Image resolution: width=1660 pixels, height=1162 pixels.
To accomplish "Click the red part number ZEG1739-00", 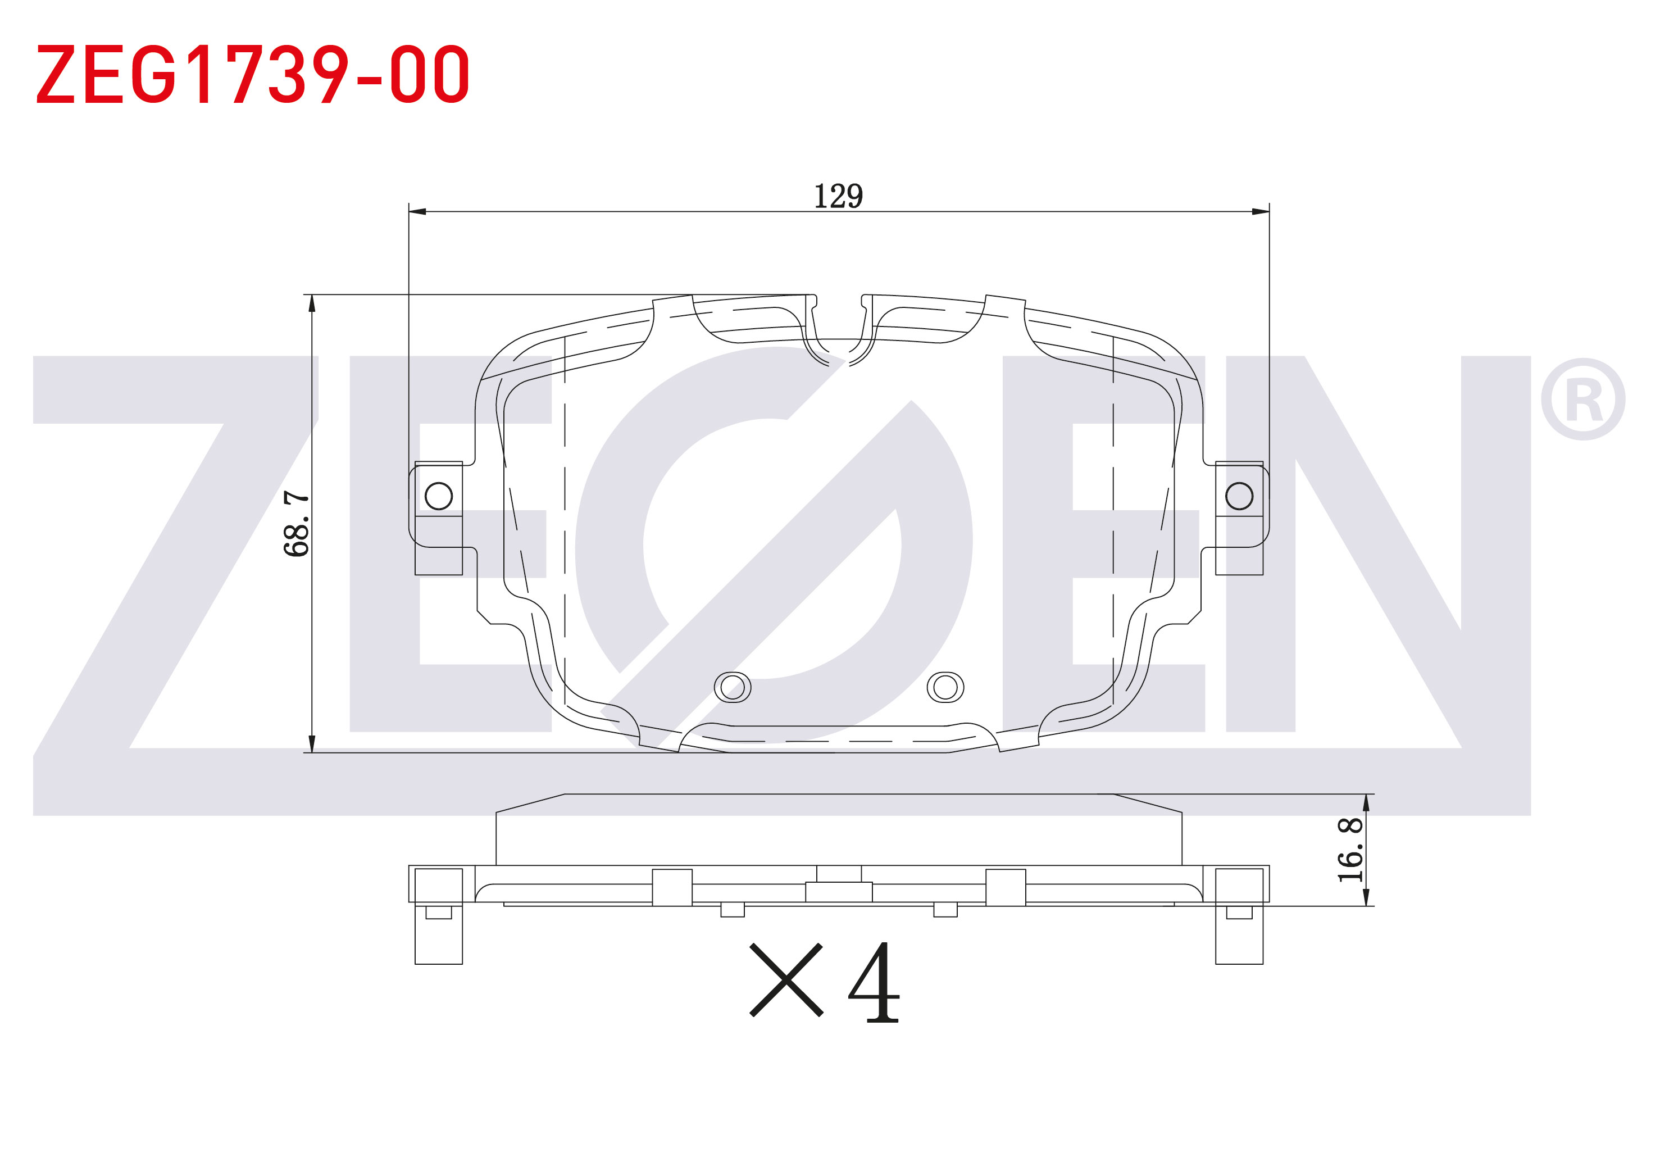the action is click(253, 74).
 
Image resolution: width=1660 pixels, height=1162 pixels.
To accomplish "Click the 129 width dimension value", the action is click(838, 196).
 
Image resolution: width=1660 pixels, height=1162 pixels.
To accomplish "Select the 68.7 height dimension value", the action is click(297, 524).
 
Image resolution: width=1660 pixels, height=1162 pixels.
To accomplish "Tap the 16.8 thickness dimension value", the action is click(1350, 850).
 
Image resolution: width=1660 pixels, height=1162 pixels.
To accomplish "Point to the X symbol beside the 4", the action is click(786, 980).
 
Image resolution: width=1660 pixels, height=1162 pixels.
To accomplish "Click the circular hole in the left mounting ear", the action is click(439, 496).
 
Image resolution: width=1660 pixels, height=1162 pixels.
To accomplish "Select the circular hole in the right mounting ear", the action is click(1239, 496).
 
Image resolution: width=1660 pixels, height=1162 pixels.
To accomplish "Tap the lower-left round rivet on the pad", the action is click(733, 688).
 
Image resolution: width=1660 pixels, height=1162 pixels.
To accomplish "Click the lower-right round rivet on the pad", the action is click(945, 688).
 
